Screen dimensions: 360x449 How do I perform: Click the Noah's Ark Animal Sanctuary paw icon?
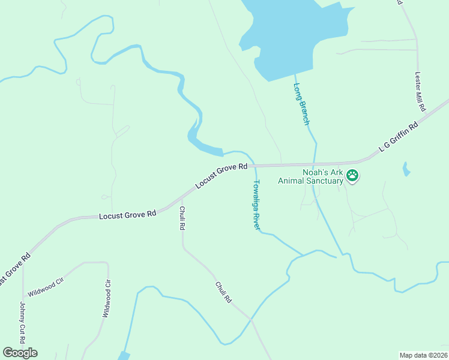352,176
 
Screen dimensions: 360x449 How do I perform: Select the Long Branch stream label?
301,103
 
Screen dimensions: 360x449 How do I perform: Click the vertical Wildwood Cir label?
106,299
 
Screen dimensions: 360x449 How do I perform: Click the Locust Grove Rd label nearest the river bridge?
221,176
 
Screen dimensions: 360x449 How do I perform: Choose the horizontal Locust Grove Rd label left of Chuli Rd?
127,214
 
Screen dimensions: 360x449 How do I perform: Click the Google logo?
20,353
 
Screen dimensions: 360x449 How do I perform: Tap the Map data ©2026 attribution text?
423,355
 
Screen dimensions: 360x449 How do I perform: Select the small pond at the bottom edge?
124,356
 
